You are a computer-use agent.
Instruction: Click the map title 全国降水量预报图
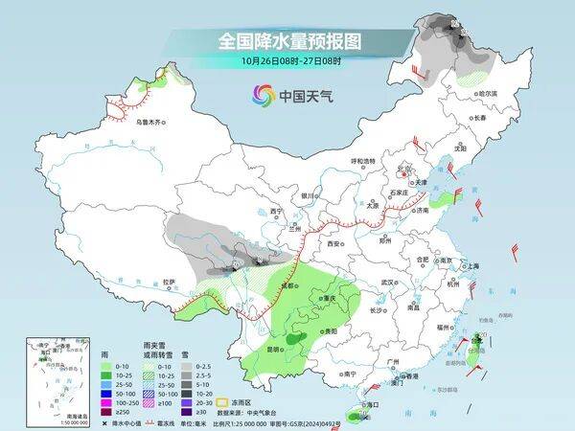[x=277, y=41]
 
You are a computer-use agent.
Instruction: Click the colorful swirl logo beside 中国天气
[x=263, y=95]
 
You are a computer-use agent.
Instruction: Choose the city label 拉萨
[x=169, y=282]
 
